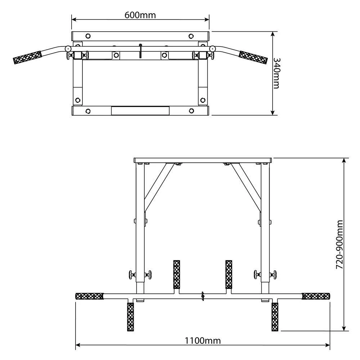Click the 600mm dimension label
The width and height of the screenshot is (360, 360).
(x=140, y=15)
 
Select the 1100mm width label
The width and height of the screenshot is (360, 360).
(x=203, y=340)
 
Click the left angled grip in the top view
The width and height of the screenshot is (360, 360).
(x=27, y=57)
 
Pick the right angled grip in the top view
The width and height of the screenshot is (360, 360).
(x=254, y=57)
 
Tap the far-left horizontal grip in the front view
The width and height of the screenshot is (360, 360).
(x=89, y=296)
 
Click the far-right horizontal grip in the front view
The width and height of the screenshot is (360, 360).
(x=316, y=296)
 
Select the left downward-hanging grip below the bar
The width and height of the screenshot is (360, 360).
(x=130, y=316)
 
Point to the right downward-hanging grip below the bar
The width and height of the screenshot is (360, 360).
(x=275, y=316)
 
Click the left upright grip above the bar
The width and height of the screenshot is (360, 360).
(x=177, y=274)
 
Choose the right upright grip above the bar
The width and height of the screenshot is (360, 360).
(x=229, y=274)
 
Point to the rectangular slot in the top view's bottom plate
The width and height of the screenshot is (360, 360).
(x=140, y=110)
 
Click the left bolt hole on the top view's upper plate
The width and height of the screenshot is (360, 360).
(x=87, y=36)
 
